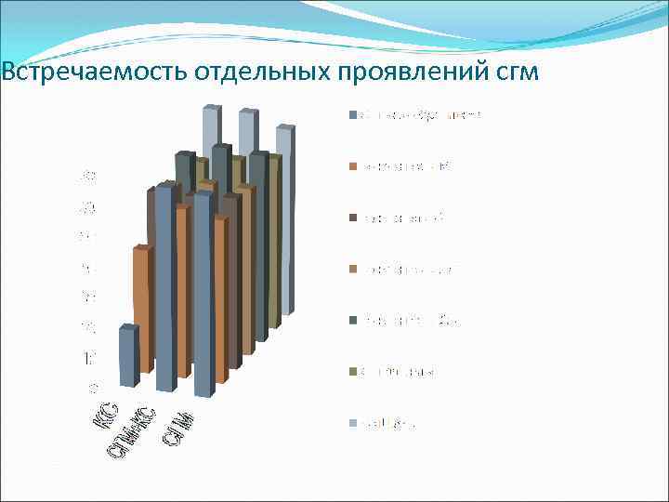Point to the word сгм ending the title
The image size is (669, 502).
[x=515, y=73]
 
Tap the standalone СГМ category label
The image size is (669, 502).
[x=177, y=428]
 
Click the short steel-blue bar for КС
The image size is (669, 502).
[x=127, y=358]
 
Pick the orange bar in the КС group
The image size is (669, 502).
[x=140, y=307]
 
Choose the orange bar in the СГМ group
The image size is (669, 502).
[x=220, y=297]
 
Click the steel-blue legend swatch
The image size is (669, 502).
[x=352, y=115]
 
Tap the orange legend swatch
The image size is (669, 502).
[x=352, y=166]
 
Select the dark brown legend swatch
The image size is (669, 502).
[x=352, y=218]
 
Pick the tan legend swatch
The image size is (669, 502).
[x=352, y=270]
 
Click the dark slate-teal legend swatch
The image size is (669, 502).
[x=352, y=321]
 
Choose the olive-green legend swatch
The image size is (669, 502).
[x=352, y=372]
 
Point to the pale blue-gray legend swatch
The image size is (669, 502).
[x=352, y=423]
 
